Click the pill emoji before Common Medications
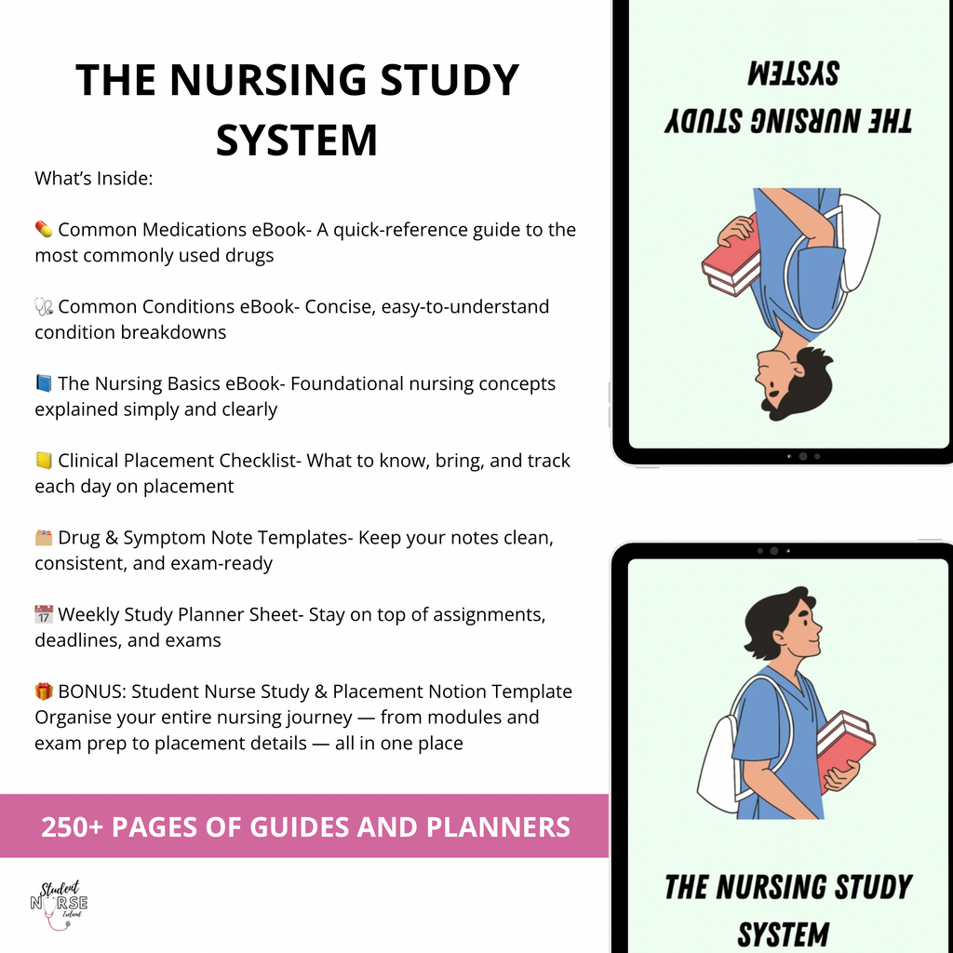point(44,230)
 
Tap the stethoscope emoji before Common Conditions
point(44,307)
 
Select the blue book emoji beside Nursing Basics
point(44,384)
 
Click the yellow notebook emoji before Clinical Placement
point(44,462)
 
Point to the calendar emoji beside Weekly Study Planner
point(44,615)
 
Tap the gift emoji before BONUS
point(44,692)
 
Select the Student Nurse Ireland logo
point(59,900)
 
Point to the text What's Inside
point(93,178)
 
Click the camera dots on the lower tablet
point(773,551)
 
